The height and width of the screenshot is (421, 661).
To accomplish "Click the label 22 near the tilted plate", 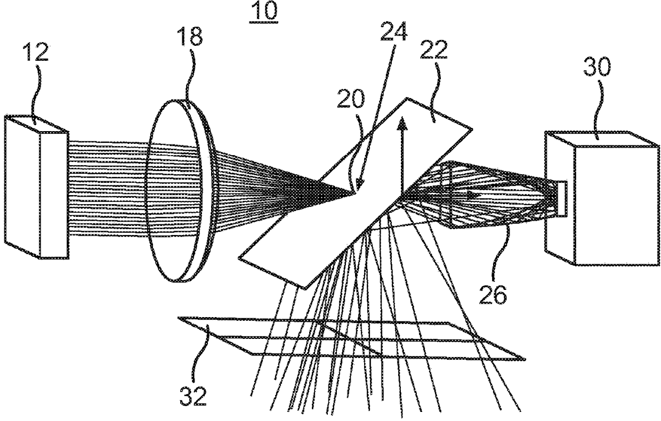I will (433, 54).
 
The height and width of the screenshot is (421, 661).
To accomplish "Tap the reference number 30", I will (598, 68).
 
